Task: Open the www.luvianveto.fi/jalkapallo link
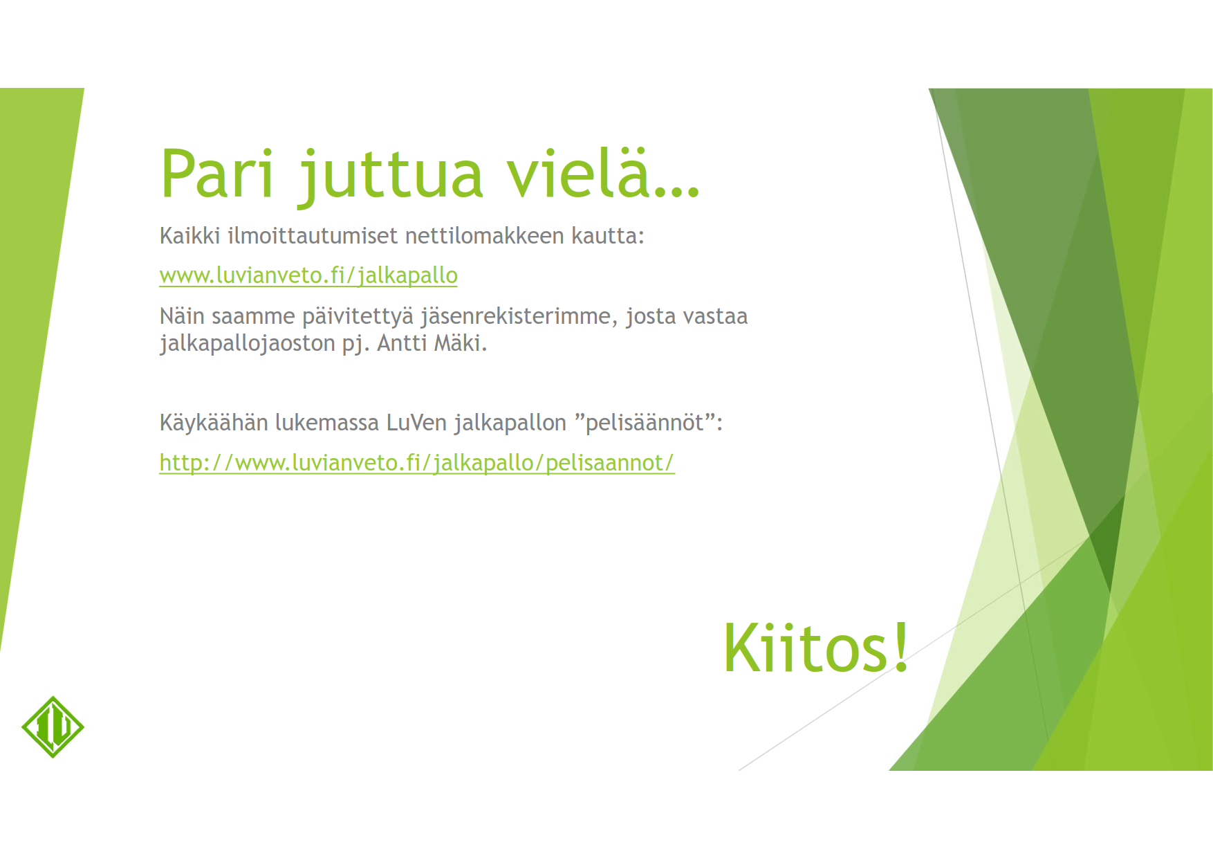[308, 275]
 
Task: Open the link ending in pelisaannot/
[417, 463]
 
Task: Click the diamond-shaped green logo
[53, 727]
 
